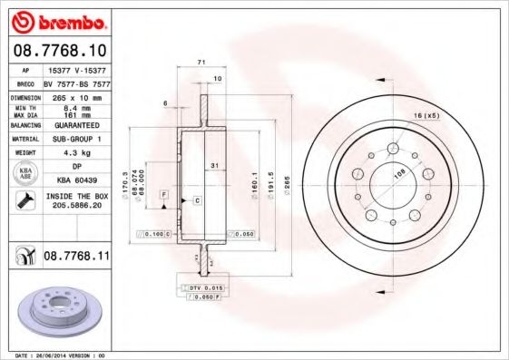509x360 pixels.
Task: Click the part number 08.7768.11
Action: (76, 257)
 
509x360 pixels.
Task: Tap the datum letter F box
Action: (162, 195)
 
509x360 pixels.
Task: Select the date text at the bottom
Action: (56, 355)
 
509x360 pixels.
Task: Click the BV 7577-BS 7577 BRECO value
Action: (76, 82)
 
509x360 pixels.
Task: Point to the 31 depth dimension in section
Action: (213, 165)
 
